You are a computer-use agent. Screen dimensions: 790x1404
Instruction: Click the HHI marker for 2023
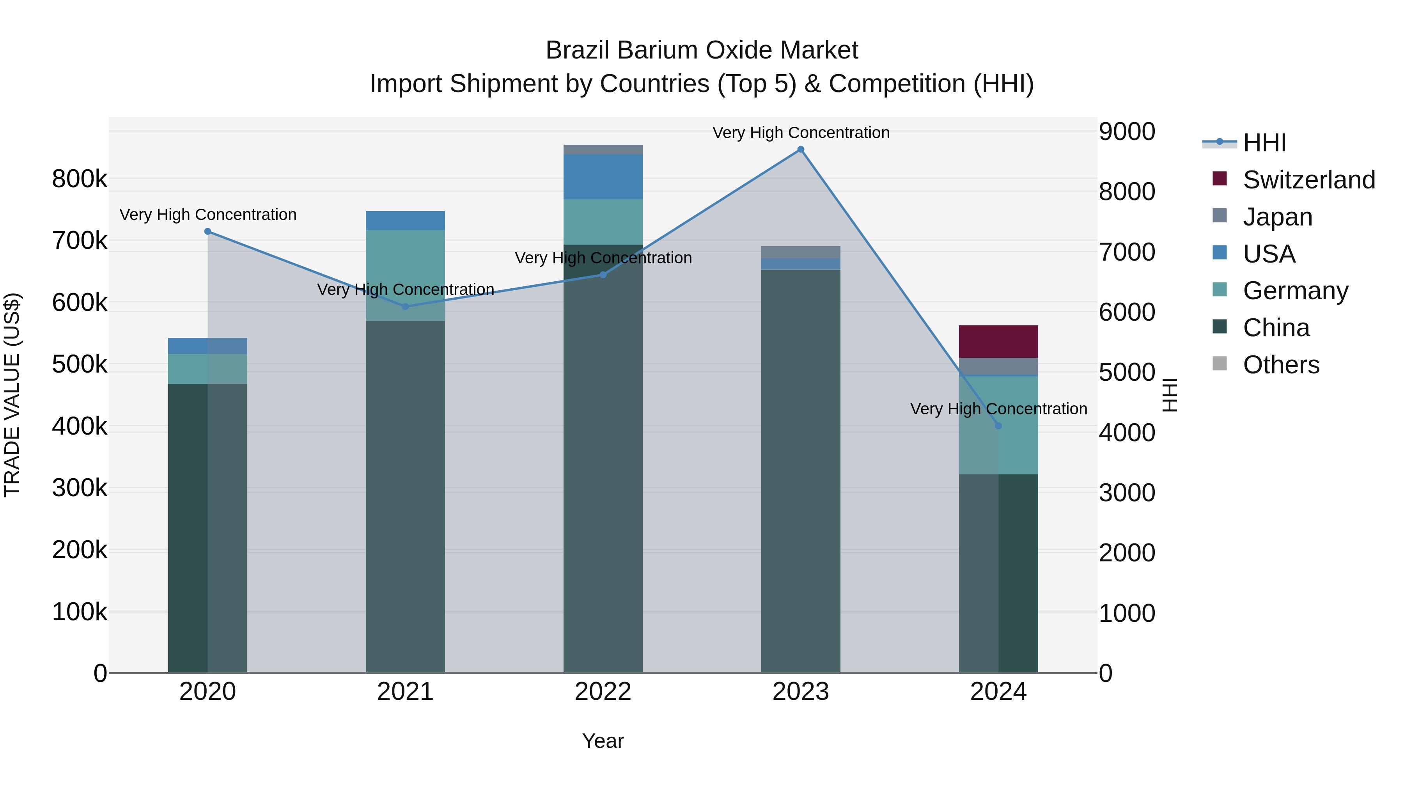(x=801, y=149)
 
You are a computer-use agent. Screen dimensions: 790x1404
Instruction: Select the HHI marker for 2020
(x=207, y=232)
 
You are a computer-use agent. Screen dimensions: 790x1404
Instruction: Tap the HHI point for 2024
(x=998, y=426)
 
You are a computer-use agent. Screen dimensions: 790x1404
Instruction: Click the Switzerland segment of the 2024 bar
(x=998, y=341)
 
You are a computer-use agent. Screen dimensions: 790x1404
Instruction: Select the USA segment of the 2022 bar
(x=603, y=177)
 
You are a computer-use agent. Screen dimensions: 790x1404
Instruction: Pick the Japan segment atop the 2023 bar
(x=801, y=252)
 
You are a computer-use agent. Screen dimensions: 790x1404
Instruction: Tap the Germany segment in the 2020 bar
(x=207, y=369)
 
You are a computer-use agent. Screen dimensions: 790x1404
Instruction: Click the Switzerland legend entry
(x=1308, y=180)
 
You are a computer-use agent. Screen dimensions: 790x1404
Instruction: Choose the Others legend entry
(x=1281, y=365)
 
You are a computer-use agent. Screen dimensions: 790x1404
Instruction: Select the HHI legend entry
(x=1264, y=143)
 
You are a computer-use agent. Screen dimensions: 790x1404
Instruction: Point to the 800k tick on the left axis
(x=80, y=179)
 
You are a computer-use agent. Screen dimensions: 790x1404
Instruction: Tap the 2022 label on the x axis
(x=603, y=692)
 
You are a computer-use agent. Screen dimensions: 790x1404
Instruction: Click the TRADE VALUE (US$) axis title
(x=12, y=395)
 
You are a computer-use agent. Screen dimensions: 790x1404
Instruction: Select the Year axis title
(x=603, y=741)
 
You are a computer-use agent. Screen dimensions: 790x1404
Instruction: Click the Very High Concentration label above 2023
(x=801, y=133)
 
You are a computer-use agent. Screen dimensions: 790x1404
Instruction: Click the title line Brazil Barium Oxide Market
(x=702, y=50)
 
